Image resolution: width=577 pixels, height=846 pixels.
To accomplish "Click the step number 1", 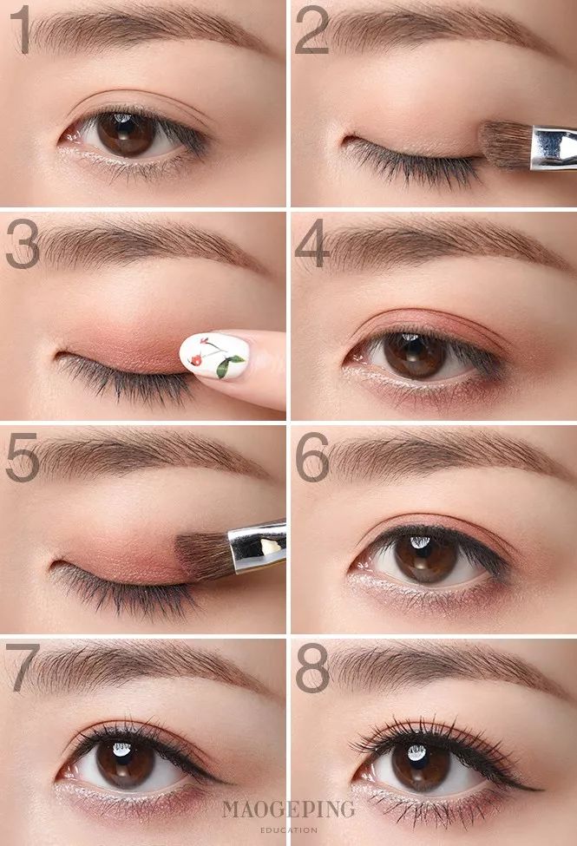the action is (x=22, y=30).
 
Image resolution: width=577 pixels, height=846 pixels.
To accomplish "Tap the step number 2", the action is (x=312, y=30).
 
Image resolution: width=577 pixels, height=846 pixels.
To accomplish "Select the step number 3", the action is (x=23, y=243).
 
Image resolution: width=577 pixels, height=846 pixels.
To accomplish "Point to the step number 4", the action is (x=312, y=243).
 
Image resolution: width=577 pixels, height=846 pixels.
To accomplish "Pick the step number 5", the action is (x=23, y=456).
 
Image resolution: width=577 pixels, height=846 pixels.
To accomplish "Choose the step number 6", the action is (x=312, y=456).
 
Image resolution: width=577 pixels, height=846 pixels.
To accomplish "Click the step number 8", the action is (x=312, y=668).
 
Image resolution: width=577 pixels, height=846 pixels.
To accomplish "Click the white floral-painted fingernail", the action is (x=214, y=356).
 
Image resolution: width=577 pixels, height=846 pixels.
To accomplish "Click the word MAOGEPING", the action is (x=288, y=810).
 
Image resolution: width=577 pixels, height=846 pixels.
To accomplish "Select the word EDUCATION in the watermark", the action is (x=288, y=830).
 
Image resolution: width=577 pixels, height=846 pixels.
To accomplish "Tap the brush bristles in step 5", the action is (x=205, y=556).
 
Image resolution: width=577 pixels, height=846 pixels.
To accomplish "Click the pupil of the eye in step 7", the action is (x=125, y=763).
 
